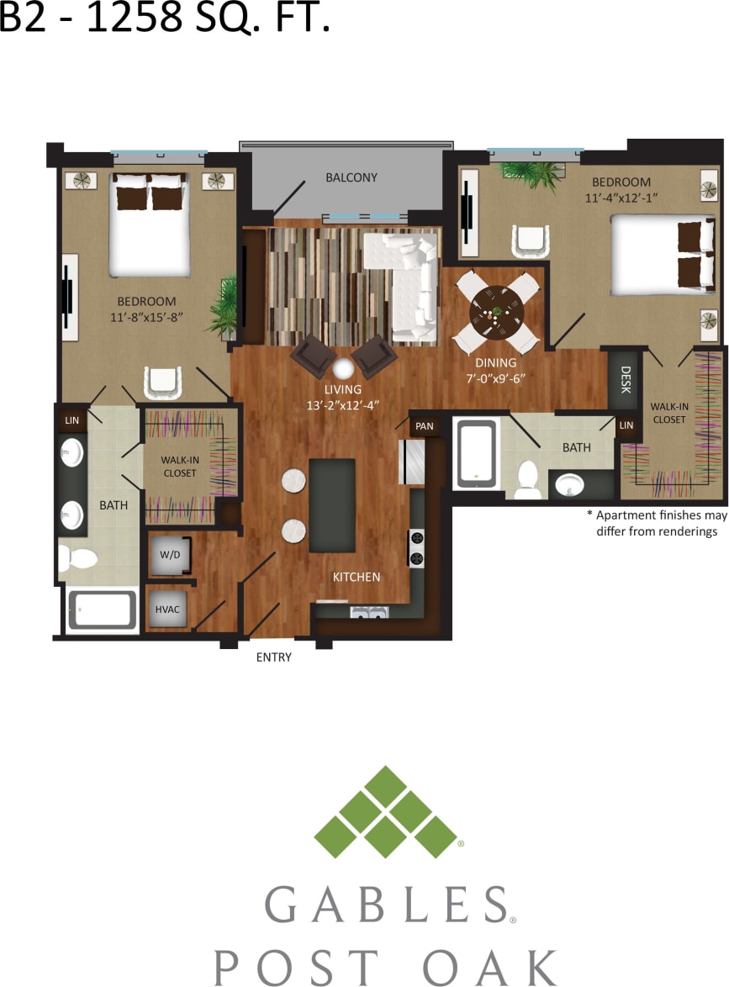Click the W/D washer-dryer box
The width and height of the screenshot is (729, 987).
pos(170,555)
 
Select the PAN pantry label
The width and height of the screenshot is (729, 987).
pos(425,426)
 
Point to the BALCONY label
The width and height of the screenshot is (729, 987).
pos(351,177)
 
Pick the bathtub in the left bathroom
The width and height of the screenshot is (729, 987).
pos(102,610)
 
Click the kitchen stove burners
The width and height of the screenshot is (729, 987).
pos(416,547)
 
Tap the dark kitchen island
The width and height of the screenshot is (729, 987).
pos(332,505)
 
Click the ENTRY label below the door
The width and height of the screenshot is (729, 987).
pos(274,657)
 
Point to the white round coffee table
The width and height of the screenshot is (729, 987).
pos(343,369)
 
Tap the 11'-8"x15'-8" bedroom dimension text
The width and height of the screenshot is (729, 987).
pos(147,317)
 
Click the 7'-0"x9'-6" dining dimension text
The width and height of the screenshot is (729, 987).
pos(496,378)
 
